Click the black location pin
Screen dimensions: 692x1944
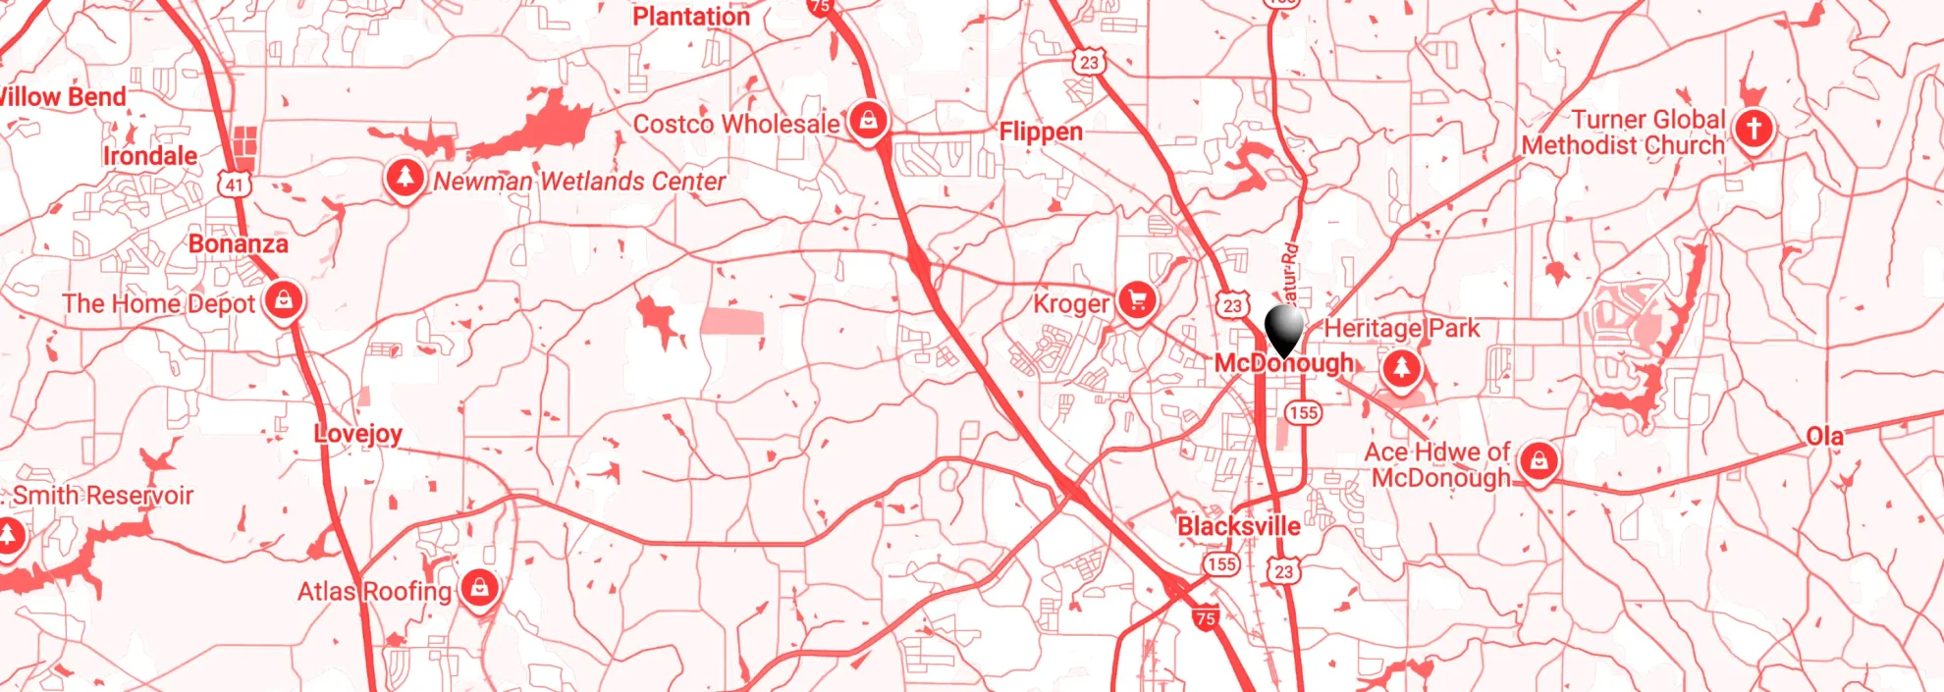pyautogui.click(x=1283, y=328)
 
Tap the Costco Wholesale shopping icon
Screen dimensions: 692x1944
pyautogui.click(x=868, y=122)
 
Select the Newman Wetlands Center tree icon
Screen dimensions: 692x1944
pyautogui.click(x=405, y=179)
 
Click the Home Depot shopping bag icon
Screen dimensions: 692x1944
pyautogui.click(x=284, y=299)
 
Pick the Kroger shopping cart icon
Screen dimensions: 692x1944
pyautogui.click(x=1138, y=300)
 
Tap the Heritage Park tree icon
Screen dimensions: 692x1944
pyautogui.click(x=1401, y=368)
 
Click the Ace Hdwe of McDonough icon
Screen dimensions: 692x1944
pyautogui.click(x=1539, y=459)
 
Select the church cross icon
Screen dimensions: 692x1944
pyautogui.click(x=1754, y=129)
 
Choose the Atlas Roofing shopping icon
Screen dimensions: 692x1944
pyautogui.click(x=479, y=588)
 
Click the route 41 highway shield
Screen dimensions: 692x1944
pyautogui.click(x=234, y=185)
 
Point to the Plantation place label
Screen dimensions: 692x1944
pyautogui.click(x=691, y=17)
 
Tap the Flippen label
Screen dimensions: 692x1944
pyautogui.click(x=1041, y=132)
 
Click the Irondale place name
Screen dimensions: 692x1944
pyautogui.click(x=150, y=156)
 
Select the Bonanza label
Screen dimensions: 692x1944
pyautogui.click(x=239, y=243)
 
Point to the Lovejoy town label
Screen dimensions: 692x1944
pyautogui.click(x=358, y=434)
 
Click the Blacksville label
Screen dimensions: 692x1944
pyautogui.click(x=1239, y=526)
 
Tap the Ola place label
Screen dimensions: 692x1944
pyautogui.click(x=1824, y=436)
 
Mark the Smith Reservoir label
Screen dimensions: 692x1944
pyautogui.click(x=103, y=496)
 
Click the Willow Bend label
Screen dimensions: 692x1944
pyautogui.click(x=63, y=97)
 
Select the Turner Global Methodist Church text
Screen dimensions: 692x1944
pyautogui.click(x=1624, y=133)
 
